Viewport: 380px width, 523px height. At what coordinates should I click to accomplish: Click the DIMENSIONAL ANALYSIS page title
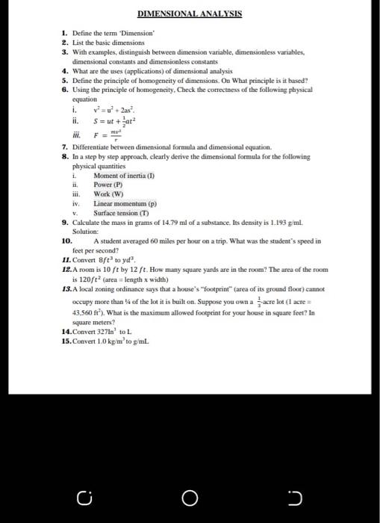pos(190,14)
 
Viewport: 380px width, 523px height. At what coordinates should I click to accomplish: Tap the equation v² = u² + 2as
pos(113,111)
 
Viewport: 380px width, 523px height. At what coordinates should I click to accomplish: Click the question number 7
pos(64,147)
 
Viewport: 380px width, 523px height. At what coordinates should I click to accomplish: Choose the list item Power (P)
pos(108,183)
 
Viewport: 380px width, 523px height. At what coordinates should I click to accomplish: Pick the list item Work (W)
pos(108,192)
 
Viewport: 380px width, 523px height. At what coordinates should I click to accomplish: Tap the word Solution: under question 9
pos(86,232)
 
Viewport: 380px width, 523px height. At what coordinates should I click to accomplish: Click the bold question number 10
pos(66,241)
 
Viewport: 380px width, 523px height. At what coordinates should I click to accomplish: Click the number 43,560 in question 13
pos(84,312)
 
